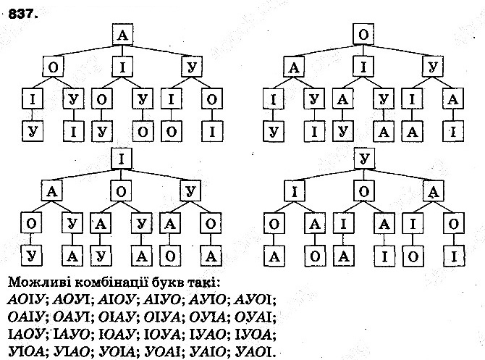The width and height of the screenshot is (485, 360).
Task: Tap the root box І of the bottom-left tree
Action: [122, 158]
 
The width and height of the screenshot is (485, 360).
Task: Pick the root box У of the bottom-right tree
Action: [363, 158]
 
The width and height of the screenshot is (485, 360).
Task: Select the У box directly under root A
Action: [191, 67]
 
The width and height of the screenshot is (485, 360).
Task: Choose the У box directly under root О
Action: [433, 67]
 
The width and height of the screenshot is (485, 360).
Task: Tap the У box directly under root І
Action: [191, 192]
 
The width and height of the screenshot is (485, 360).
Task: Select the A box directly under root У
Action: [433, 192]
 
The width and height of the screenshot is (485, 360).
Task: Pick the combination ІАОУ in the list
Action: [22, 335]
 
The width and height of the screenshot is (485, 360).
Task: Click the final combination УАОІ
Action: [253, 352]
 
